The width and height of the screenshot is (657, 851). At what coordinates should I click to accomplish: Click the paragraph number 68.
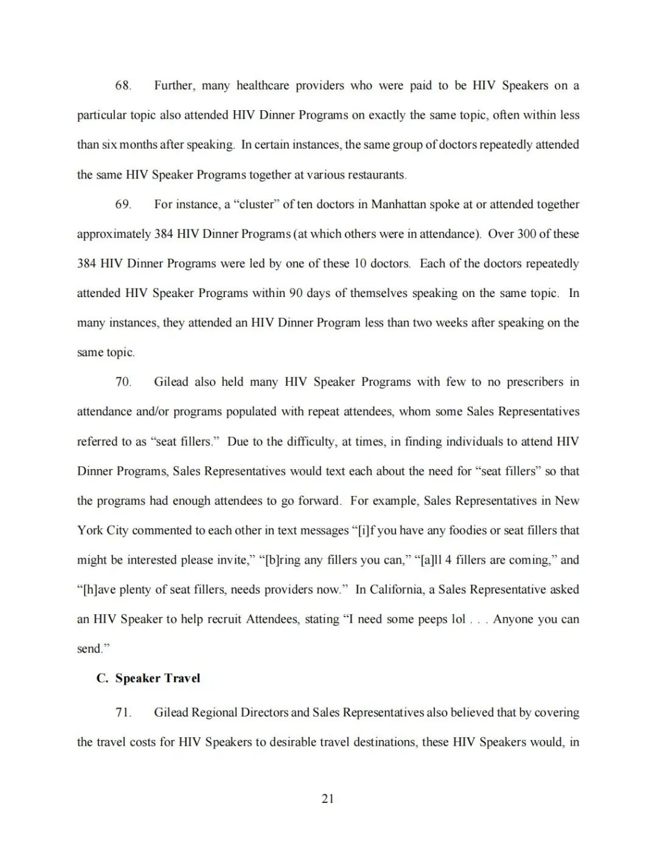coord(123,86)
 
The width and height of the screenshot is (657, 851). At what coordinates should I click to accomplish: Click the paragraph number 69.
coord(123,205)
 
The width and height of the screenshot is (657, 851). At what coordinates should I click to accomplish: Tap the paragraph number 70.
coord(123,382)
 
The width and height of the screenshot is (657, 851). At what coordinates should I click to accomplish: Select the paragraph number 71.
coord(123,713)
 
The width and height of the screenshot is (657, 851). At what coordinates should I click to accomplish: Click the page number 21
coord(328,799)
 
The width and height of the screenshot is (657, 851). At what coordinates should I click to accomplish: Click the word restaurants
coord(375,175)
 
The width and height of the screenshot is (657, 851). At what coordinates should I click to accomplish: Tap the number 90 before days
coord(296,293)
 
